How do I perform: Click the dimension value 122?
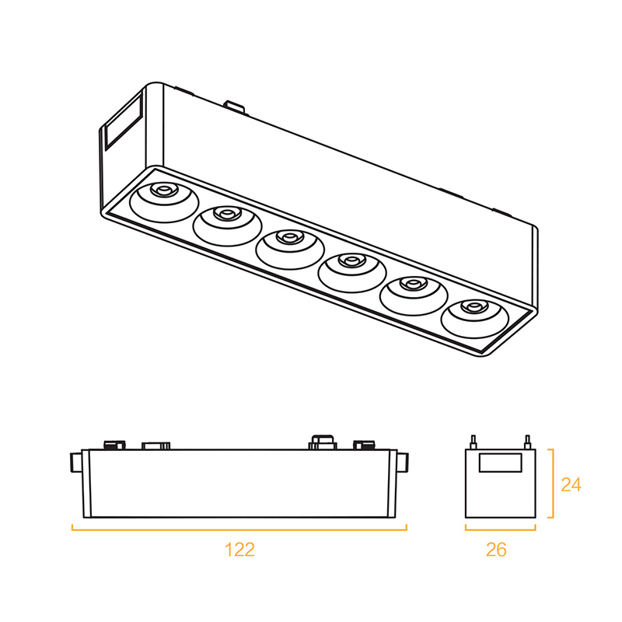239,550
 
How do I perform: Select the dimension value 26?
496,550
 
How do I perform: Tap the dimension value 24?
571,484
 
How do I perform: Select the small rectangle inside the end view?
500,463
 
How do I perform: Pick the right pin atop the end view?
527,442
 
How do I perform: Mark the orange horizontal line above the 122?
239,529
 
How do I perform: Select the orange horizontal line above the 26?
500,529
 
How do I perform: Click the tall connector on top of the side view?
323,442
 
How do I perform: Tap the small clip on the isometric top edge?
232,103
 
